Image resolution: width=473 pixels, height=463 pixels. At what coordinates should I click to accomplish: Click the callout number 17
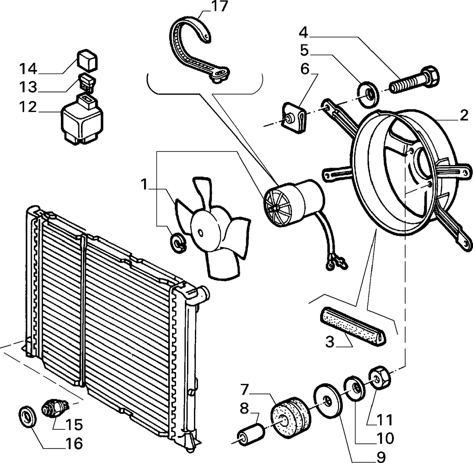pyautogui.click(x=219, y=7)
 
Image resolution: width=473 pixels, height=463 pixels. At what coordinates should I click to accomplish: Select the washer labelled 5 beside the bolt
pyautogui.click(x=367, y=95)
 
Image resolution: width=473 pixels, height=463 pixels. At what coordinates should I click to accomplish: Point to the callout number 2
pyautogui.click(x=464, y=116)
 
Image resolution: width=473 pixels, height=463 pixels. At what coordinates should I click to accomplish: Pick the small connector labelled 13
pyautogui.click(x=87, y=82)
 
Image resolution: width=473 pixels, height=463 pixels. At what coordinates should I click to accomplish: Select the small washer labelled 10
pyautogui.click(x=354, y=388)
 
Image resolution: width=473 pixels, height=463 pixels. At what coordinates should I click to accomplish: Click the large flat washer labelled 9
pyautogui.click(x=328, y=400)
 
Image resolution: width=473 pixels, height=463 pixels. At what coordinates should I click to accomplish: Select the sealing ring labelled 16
pyautogui.click(x=28, y=417)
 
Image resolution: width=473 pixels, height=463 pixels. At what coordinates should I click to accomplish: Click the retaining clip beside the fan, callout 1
pyautogui.click(x=178, y=242)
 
